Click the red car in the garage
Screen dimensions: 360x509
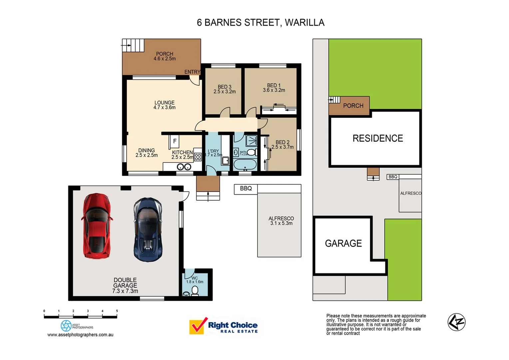click(97, 226)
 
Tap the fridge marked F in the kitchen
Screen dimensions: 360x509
click(174, 141)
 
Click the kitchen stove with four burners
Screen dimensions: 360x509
click(198, 157)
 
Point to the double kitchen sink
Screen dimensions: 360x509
click(184, 167)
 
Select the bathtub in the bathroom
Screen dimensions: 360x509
click(245, 165)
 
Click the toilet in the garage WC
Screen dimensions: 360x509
click(195, 291)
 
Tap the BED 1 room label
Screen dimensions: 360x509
click(274, 86)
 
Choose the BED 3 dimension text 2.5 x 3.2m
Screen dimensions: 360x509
click(225, 92)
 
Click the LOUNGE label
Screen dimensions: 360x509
click(164, 103)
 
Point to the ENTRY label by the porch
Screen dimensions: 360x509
click(192, 72)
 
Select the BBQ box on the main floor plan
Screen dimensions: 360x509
click(246, 189)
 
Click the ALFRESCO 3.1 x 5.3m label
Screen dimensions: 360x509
click(281, 221)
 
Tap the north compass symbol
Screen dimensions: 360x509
click(456, 322)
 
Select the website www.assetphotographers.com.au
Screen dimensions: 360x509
click(80, 335)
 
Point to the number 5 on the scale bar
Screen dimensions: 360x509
click(117, 311)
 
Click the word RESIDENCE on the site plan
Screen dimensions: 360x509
click(378, 138)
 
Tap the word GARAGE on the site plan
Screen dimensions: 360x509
click(343, 243)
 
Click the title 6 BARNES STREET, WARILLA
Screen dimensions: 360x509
click(260, 23)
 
